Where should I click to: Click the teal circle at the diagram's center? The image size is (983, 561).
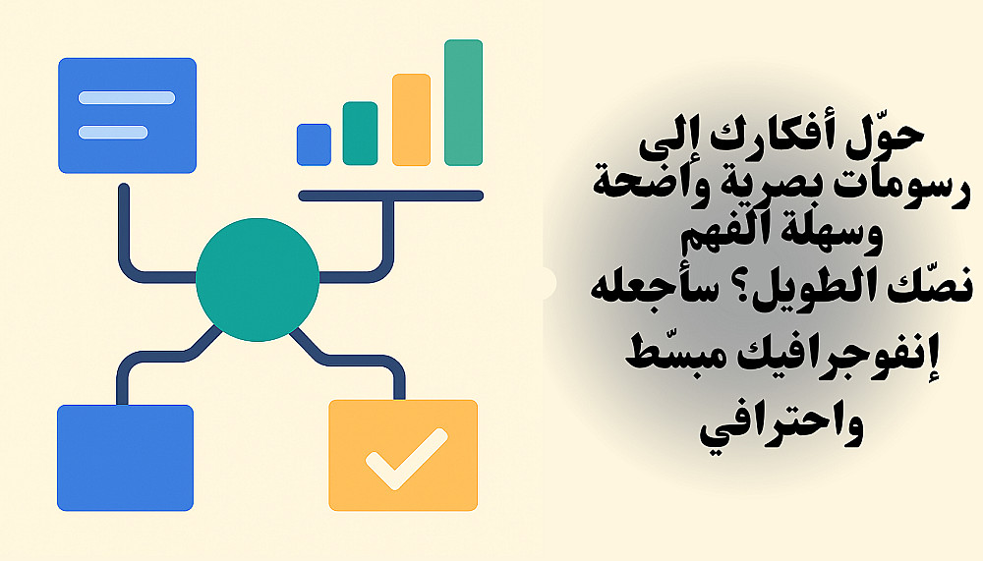257,280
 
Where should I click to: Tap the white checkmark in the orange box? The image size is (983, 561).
406,459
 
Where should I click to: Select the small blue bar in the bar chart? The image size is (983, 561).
314,144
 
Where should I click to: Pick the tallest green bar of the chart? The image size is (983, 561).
463,103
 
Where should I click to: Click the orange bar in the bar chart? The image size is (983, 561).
411,120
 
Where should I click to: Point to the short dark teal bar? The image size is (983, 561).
360,134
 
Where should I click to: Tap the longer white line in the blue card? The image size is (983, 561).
127,98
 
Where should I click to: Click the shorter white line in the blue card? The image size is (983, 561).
113,133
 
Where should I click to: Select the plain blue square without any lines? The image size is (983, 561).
126,458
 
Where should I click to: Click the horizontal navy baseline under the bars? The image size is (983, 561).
390,196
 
